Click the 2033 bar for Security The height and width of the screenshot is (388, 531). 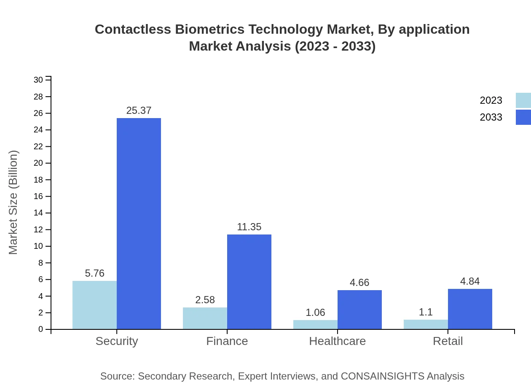139,224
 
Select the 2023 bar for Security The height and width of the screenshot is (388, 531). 94,305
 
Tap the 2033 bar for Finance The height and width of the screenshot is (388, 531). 249,282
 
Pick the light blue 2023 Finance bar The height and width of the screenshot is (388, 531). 205,318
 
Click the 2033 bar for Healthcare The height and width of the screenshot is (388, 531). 359,310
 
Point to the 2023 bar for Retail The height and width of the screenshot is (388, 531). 426,324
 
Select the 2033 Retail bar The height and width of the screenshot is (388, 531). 470,309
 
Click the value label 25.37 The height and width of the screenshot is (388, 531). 139,110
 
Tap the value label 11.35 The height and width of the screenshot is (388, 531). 249,227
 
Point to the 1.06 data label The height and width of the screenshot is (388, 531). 315,313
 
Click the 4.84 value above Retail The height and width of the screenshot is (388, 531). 470,281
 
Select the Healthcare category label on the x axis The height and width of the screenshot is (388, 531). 337,341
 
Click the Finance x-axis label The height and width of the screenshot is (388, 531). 227,341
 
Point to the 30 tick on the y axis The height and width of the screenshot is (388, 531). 38,80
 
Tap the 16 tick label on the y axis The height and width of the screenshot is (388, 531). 38,197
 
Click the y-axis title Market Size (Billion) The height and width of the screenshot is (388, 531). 13,202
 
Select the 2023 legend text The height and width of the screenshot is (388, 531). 491,100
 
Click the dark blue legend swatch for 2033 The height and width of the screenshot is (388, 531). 523,117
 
